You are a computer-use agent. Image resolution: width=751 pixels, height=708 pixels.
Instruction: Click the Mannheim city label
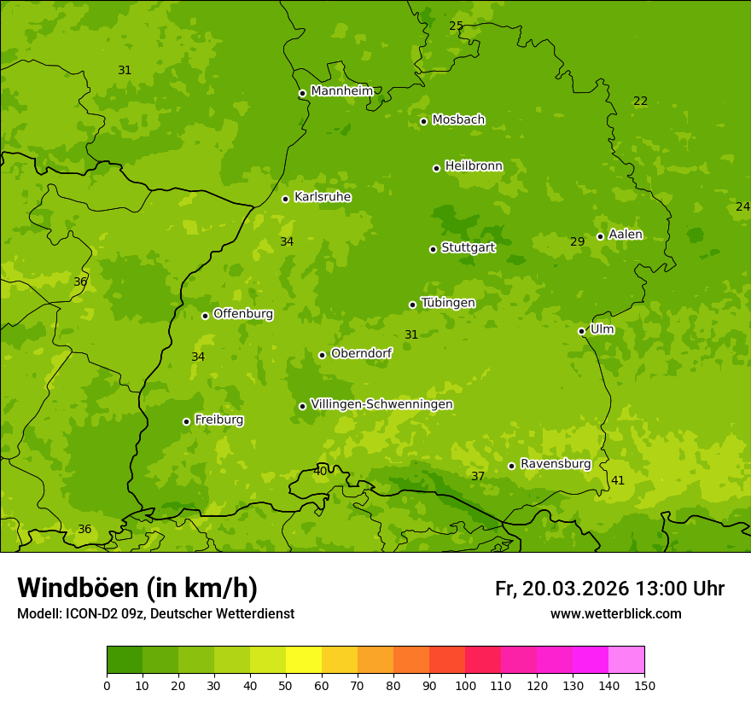(x=342, y=91)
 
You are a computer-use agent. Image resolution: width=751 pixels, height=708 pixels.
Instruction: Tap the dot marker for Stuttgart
(x=433, y=249)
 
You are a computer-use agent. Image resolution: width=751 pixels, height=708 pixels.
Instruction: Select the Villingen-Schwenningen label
(x=381, y=404)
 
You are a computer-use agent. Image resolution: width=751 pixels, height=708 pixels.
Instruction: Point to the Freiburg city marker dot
(x=186, y=421)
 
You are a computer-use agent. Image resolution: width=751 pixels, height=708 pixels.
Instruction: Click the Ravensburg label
(x=556, y=464)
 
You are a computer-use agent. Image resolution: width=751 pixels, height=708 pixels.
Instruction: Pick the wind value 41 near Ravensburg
(x=618, y=481)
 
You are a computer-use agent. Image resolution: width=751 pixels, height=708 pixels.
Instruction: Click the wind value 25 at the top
(x=456, y=26)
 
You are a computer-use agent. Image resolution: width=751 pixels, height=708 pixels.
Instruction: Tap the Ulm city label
(x=602, y=329)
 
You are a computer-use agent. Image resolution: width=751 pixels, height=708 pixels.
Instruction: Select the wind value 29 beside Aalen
(x=578, y=242)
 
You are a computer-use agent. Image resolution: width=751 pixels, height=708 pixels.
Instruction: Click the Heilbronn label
(x=474, y=166)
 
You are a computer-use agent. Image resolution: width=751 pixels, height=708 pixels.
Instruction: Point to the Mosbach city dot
(x=423, y=121)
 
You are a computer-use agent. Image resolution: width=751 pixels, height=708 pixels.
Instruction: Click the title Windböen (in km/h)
(x=137, y=588)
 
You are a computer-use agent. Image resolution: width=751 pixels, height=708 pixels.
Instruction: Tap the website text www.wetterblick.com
(x=615, y=613)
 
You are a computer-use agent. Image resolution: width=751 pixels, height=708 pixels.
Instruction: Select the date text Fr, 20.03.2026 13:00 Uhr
(x=609, y=589)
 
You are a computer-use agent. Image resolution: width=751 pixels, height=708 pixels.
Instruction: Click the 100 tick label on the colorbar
(x=465, y=685)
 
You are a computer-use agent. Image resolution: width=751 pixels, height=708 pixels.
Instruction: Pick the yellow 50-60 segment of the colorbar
(x=304, y=660)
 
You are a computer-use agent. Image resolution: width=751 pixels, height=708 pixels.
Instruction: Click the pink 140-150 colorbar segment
(x=626, y=660)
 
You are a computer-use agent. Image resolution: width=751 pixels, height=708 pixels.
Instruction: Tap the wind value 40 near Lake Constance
(x=320, y=471)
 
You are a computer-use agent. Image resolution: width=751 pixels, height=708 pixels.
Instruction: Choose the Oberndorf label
(x=361, y=353)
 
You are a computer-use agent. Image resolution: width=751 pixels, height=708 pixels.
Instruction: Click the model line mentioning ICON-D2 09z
(x=155, y=613)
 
